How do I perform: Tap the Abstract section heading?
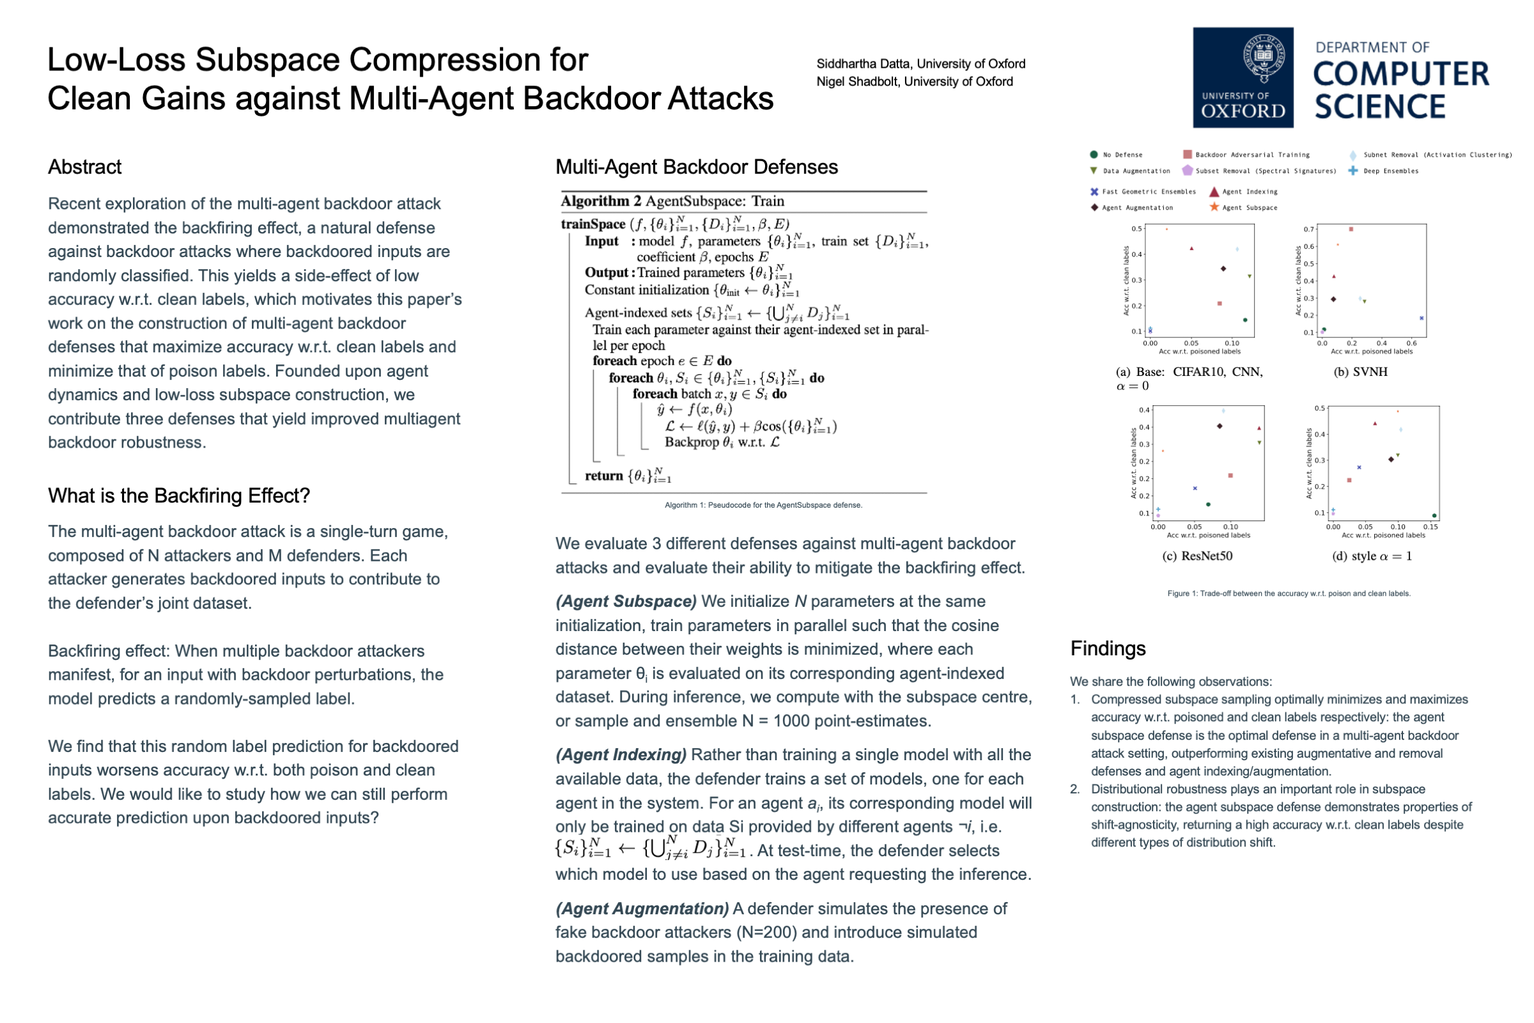pyautogui.click(x=85, y=167)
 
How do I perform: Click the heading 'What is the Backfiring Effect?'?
pyautogui.click(x=179, y=496)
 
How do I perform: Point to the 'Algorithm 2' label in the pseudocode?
pyautogui.click(x=600, y=201)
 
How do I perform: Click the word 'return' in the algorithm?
pyautogui.click(x=603, y=476)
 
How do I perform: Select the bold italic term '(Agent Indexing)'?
pyautogui.click(x=620, y=755)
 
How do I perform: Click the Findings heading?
pyautogui.click(x=1108, y=648)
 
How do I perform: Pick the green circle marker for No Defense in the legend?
pyautogui.click(x=1094, y=155)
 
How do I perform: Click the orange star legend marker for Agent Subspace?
pyautogui.click(x=1214, y=207)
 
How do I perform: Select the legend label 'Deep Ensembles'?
pyautogui.click(x=1391, y=171)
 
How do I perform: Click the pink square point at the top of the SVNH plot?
pyautogui.click(x=1351, y=229)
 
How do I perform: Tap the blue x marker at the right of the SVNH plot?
pyautogui.click(x=1421, y=318)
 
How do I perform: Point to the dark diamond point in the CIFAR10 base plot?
pyautogui.click(x=1223, y=269)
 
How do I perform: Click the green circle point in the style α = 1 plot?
pyautogui.click(x=1434, y=516)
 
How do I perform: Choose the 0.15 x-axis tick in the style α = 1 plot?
pyautogui.click(x=1430, y=526)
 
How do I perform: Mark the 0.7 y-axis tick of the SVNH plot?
pyautogui.click(x=1308, y=229)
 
